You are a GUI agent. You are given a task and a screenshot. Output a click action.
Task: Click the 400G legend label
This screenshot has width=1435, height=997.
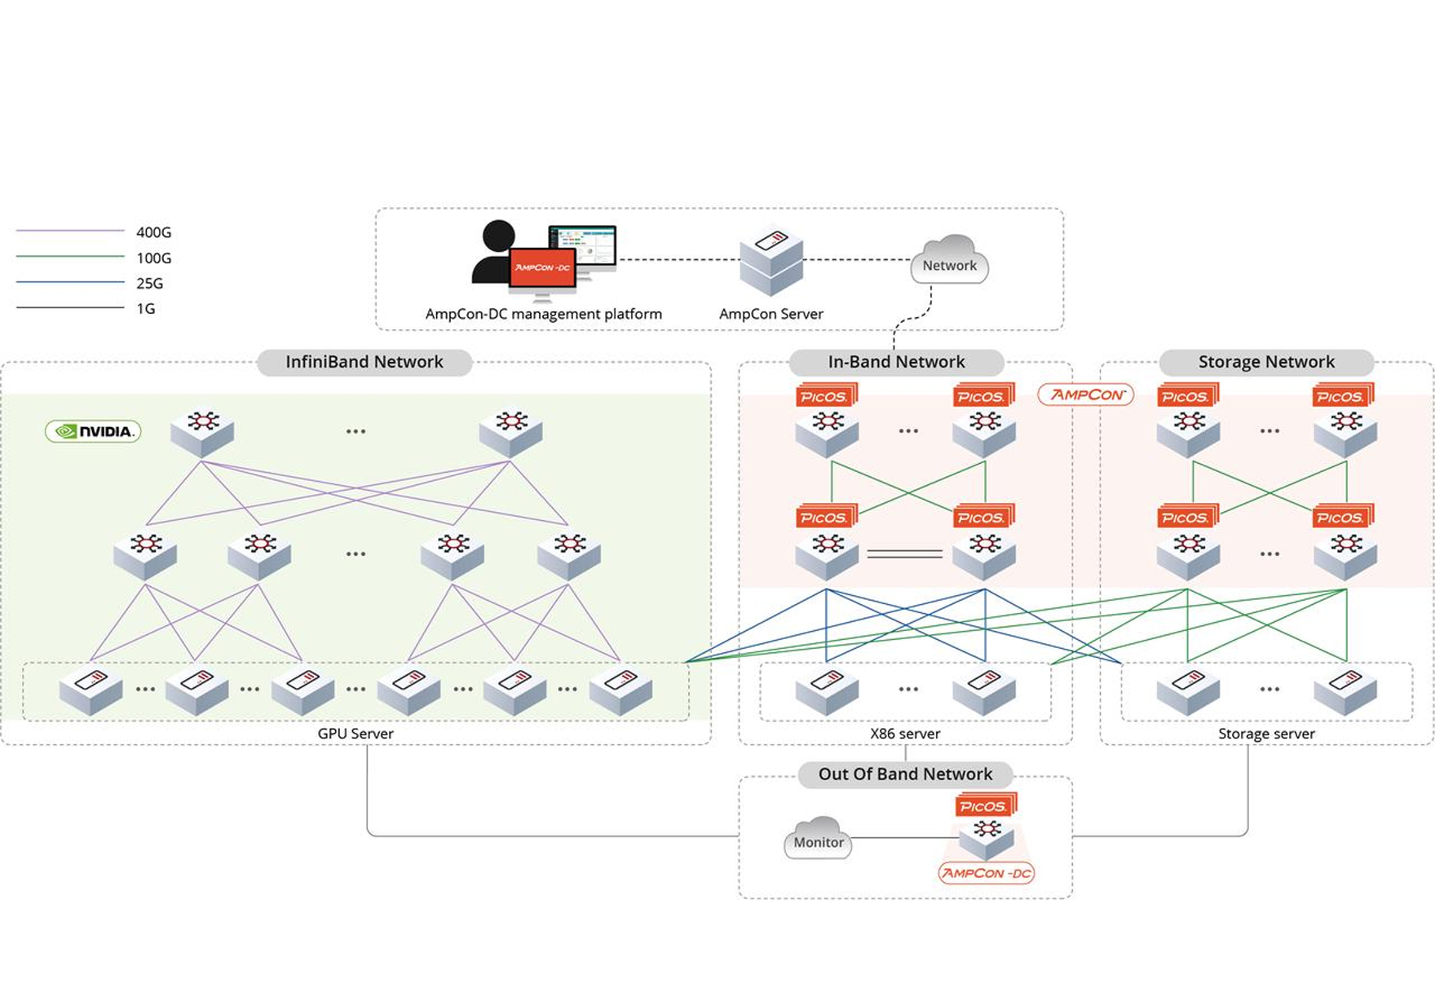click(153, 232)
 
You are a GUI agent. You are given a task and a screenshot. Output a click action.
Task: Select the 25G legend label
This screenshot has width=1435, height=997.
click(149, 284)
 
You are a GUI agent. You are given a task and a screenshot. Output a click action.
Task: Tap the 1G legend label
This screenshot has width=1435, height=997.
click(145, 309)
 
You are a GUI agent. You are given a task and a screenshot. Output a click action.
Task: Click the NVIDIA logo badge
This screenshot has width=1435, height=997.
click(93, 431)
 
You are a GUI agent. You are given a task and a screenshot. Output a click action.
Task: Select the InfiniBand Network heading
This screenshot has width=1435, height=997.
click(364, 362)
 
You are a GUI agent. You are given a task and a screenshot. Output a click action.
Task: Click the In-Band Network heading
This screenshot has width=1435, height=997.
click(896, 362)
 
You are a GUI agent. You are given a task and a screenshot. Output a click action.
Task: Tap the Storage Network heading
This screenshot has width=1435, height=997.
click(1265, 362)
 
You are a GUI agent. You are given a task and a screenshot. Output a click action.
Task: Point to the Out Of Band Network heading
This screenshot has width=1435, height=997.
click(905, 774)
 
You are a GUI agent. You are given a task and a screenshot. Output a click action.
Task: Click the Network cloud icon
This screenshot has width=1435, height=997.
click(949, 261)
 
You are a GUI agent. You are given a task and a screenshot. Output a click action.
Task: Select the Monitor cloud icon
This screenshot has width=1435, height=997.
click(819, 839)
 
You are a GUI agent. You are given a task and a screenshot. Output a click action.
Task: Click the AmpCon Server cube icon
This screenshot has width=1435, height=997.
click(770, 262)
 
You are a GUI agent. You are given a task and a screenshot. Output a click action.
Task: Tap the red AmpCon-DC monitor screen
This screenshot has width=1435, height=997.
click(542, 268)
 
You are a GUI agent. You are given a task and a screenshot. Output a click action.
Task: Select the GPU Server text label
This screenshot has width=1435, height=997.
click(355, 734)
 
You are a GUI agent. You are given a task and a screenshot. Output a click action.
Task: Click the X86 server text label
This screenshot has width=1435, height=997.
click(905, 734)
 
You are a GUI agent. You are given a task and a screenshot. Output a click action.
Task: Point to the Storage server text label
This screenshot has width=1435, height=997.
click(1265, 734)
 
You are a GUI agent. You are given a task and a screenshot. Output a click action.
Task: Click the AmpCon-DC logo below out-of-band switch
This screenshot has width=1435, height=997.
click(987, 873)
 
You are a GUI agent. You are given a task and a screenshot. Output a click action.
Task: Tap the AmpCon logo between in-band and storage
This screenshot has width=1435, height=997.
click(1086, 395)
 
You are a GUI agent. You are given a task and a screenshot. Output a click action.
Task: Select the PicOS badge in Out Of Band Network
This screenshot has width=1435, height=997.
click(984, 806)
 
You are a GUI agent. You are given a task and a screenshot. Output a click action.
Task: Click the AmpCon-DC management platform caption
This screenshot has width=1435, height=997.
click(543, 314)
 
